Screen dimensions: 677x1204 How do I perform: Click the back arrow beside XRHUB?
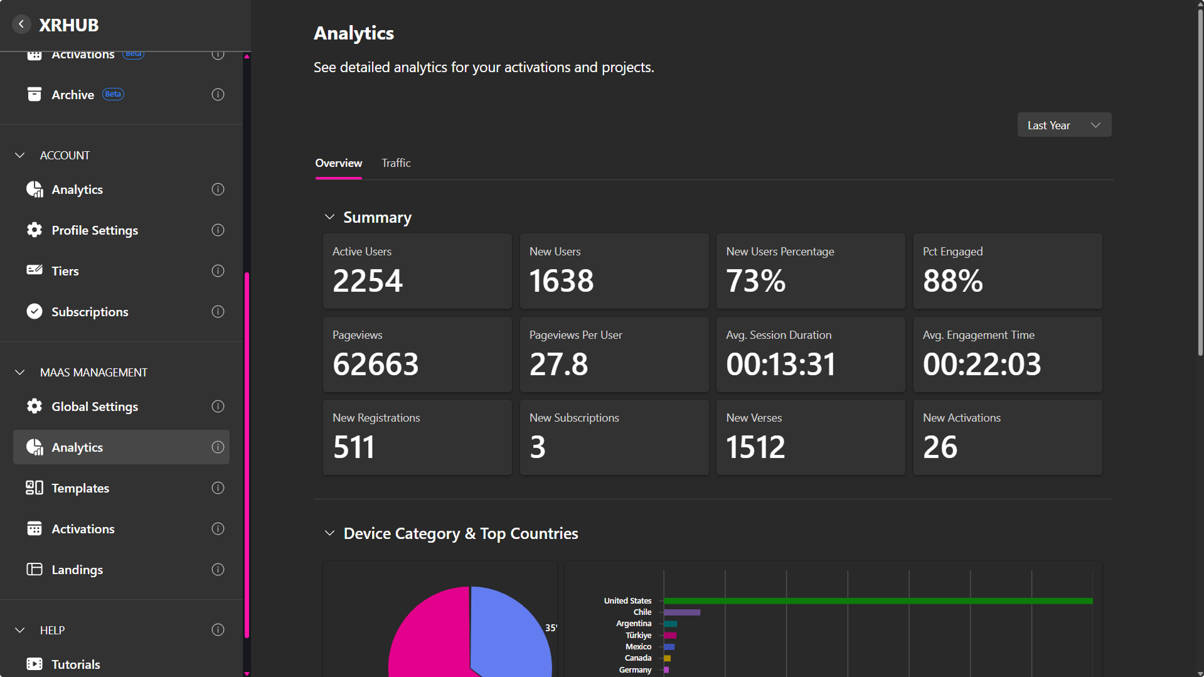pos(21,24)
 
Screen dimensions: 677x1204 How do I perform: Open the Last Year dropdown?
pos(1064,125)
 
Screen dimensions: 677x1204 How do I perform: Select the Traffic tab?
pos(396,163)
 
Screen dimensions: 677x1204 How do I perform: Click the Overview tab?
pos(338,163)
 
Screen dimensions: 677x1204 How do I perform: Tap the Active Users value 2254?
pos(368,280)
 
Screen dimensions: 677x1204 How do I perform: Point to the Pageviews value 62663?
pos(375,364)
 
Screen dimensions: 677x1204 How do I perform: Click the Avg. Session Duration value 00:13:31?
pos(780,364)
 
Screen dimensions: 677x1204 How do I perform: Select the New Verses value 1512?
pos(755,447)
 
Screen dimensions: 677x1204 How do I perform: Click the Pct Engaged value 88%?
pos(952,280)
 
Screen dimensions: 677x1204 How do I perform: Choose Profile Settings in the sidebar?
pos(95,230)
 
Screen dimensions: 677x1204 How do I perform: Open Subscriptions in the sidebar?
pos(90,312)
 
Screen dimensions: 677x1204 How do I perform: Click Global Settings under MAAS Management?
pos(95,407)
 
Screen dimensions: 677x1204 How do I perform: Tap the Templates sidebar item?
pos(80,488)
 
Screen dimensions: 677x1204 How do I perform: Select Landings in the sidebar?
pos(77,570)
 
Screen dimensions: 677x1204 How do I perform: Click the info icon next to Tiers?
pos(218,271)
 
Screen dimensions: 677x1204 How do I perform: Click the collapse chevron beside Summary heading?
pos(329,217)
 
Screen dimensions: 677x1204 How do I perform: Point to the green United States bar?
pos(878,601)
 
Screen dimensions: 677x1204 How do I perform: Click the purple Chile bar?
pos(682,612)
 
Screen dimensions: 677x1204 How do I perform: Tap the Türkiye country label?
pos(638,635)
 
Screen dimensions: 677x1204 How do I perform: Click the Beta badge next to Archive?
pos(113,94)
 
